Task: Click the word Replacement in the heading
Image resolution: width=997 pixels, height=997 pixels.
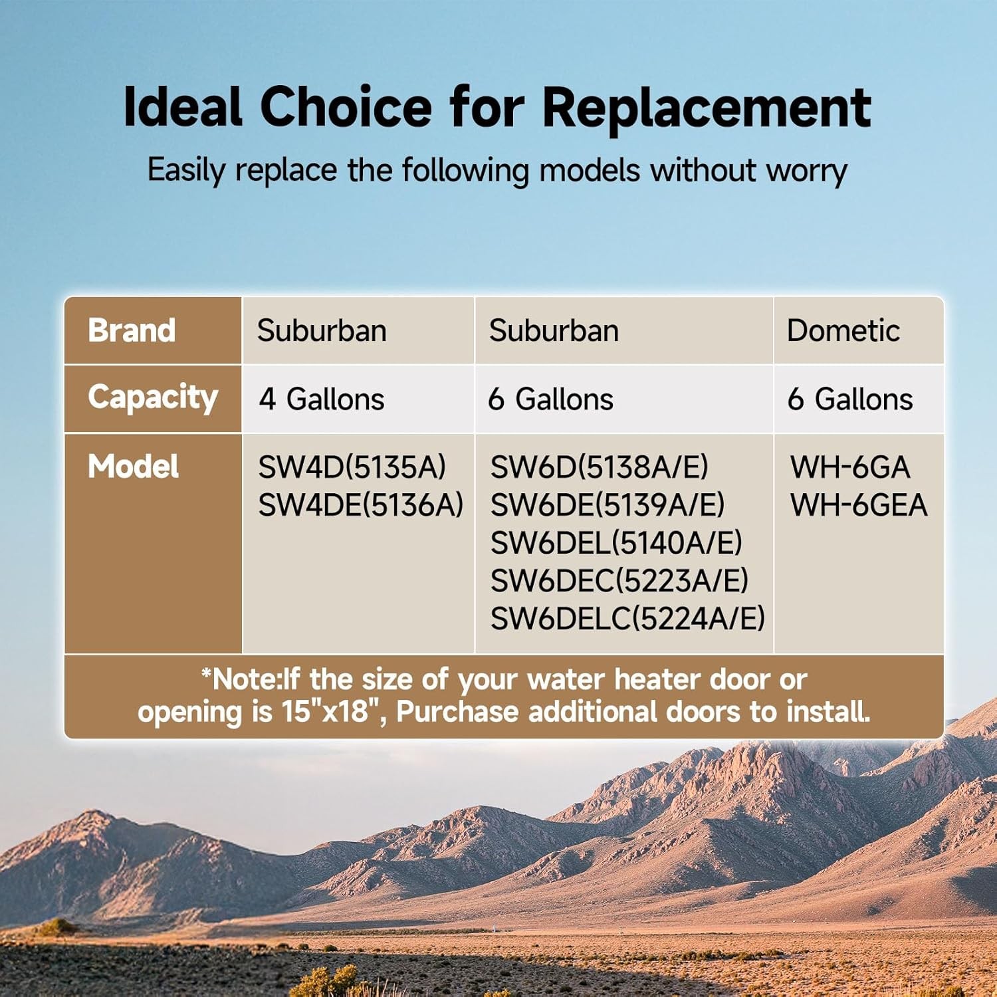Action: pos(707,108)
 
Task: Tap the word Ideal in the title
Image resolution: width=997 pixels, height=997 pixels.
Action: pos(183,107)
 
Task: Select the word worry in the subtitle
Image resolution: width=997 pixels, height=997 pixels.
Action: pos(806,171)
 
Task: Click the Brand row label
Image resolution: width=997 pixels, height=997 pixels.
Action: pos(132,330)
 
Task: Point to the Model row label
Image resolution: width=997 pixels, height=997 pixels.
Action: pos(133,467)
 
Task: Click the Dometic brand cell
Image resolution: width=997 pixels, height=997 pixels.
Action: pos(843,330)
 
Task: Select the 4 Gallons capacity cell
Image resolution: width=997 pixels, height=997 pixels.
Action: pos(322,399)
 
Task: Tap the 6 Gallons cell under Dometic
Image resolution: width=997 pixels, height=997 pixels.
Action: pos(850,399)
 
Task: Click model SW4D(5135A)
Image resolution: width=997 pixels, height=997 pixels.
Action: pos(352,467)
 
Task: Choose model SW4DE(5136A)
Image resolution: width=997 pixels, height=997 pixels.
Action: pos(360,505)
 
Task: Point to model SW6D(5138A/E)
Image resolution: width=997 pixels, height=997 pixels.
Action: pos(599,467)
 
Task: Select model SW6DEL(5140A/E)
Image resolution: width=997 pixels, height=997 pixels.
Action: pos(616,543)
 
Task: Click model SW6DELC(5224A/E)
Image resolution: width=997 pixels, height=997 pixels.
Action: pos(627,619)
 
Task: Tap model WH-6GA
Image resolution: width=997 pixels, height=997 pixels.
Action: pos(850,467)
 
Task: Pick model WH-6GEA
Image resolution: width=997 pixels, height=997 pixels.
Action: pos(859,505)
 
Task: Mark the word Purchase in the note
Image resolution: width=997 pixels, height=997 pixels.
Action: pos(457,712)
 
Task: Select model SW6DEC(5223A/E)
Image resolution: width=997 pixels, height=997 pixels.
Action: pos(619,581)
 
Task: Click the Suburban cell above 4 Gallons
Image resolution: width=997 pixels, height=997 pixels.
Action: pos(322,330)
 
